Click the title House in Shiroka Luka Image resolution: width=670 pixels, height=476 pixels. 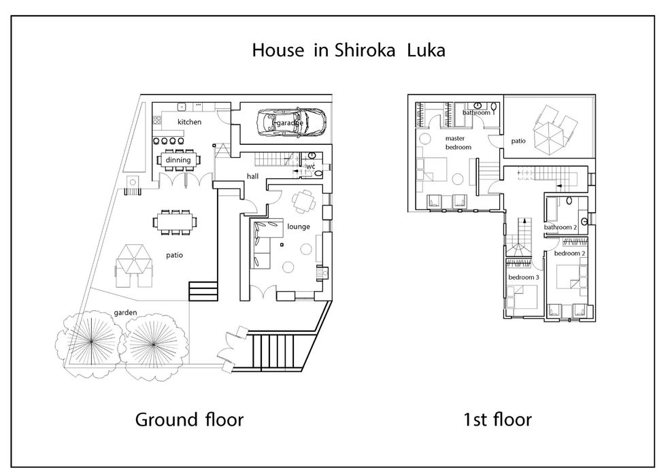tap(348, 50)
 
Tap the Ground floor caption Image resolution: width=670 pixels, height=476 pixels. tap(189, 420)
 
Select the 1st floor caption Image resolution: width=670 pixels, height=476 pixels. tap(497, 420)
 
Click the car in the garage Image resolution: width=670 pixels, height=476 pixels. tap(292, 122)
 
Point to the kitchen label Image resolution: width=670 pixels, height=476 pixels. tap(189, 122)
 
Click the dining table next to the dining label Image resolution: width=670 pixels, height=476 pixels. tap(178, 160)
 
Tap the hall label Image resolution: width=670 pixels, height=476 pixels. tap(252, 176)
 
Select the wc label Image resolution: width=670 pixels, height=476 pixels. tap(311, 166)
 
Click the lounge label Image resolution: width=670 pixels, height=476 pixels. tap(299, 226)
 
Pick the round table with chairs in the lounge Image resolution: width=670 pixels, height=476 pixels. tap(303, 201)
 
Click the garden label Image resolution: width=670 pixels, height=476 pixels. tap(125, 312)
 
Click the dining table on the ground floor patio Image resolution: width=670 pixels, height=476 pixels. tap(175, 222)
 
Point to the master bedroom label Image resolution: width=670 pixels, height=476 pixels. tap(458, 143)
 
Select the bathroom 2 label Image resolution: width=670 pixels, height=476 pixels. tap(560, 227)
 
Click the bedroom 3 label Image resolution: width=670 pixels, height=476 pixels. tap(524, 277)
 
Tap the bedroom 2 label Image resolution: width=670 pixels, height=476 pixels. tap(569, 254)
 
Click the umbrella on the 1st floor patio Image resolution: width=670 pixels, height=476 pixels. tap(550, 133)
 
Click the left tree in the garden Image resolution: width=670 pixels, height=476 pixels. tap(90, 342)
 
